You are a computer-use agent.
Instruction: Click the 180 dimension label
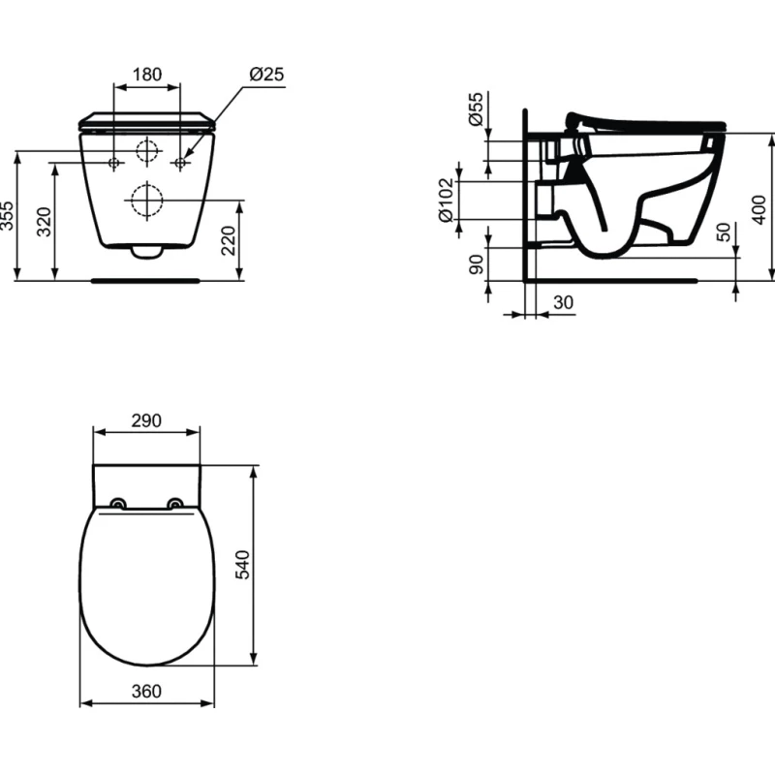coord(147,75)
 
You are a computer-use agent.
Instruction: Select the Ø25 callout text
coord(267,75)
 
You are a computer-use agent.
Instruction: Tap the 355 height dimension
coord(7,215)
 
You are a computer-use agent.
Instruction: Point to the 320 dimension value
coord(44,222)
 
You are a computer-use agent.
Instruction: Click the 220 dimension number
coord(228,240)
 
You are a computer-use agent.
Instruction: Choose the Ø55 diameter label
coord(475,108)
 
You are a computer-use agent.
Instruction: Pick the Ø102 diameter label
coord(446,200)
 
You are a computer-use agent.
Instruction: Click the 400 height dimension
coord(759,209)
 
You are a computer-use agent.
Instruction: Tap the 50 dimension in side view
coord(723,232)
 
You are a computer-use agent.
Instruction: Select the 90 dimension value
coord(476,263)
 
